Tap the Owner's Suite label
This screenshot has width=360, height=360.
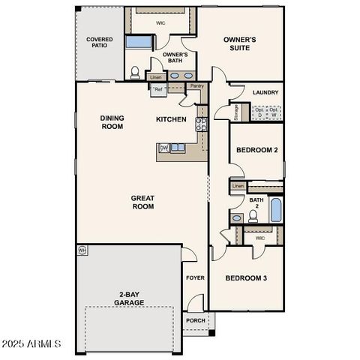point(241,44)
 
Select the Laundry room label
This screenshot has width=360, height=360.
point(266,93)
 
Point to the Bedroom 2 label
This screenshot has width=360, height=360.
point(257,150)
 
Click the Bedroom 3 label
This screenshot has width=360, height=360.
point(247,278)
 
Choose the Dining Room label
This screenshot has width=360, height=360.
point(112,122)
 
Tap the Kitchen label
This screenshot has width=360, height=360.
point(171,119)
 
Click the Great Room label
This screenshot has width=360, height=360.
point(142,202)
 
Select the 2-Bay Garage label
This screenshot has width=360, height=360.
point(130,298)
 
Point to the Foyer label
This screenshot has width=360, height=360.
point(195,278)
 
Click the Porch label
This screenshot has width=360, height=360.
point(196,320)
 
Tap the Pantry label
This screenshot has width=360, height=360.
point(196,86)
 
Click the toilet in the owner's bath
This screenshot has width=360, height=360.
point(135,73)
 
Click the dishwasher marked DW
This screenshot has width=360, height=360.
point(163,148)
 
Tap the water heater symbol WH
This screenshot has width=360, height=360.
point(82,250)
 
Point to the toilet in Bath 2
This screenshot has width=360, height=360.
point(253,216)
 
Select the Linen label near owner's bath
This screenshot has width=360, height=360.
point(156,77)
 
